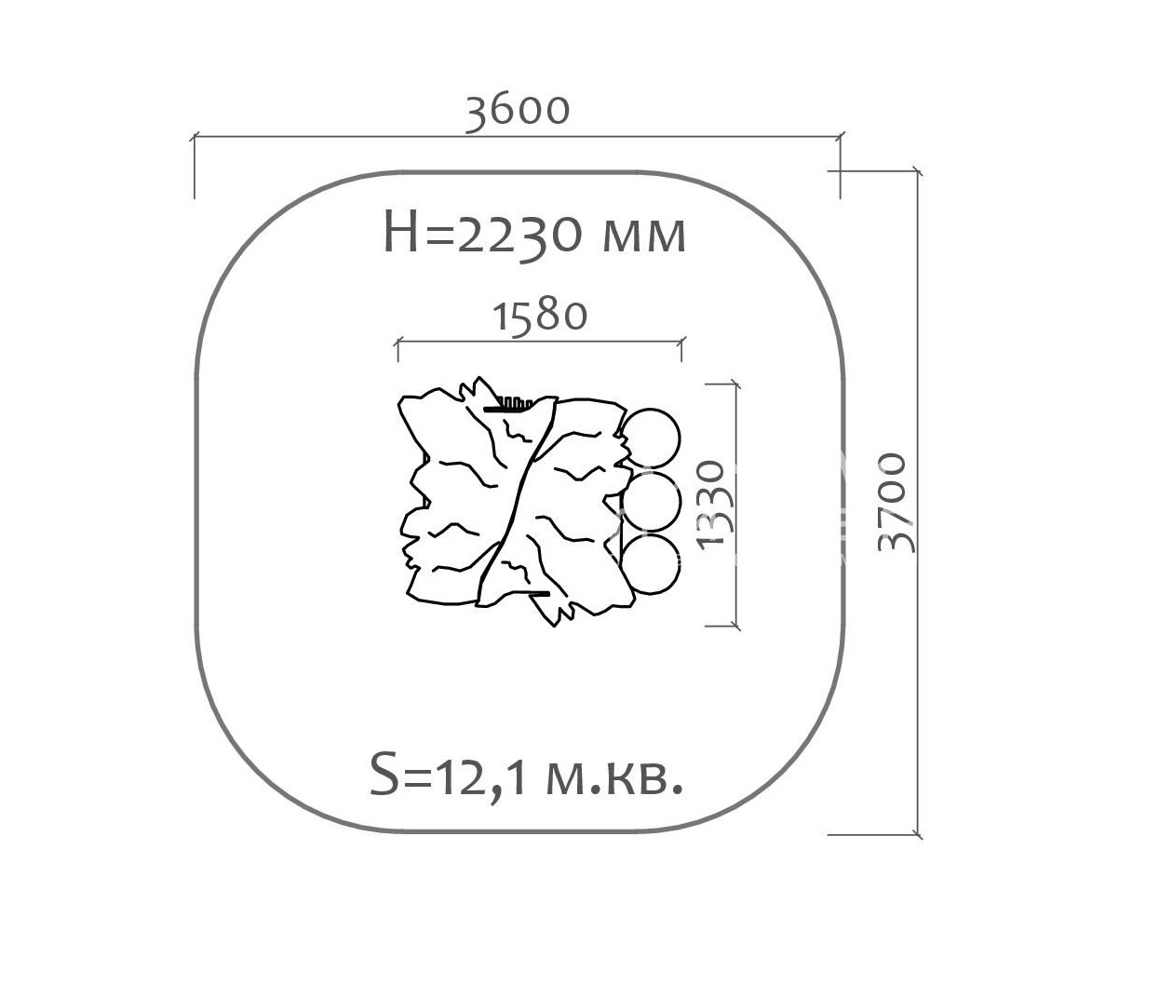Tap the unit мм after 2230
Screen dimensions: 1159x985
pos(644,236)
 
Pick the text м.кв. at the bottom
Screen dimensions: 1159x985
pos(614,777)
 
